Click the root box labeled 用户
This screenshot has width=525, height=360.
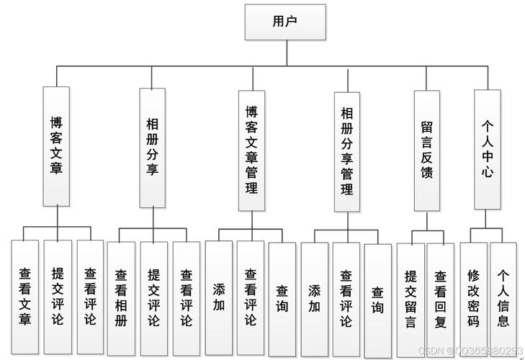[x=285, y=22]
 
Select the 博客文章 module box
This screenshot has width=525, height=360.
[x=56, y=146]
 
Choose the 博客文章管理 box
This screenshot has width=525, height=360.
[x=251, y=150]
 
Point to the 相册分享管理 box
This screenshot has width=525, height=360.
[x=347, y=151]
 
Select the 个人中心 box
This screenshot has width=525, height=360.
[x=487, y=149]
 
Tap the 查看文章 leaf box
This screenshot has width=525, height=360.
[x=25, y=296]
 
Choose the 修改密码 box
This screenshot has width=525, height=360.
[x=473, y=297]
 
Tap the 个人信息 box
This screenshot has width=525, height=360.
[x=503, y=297]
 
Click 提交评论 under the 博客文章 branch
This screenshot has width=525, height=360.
[x=58, y=296]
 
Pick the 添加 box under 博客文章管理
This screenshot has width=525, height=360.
[x=218, y=296]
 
